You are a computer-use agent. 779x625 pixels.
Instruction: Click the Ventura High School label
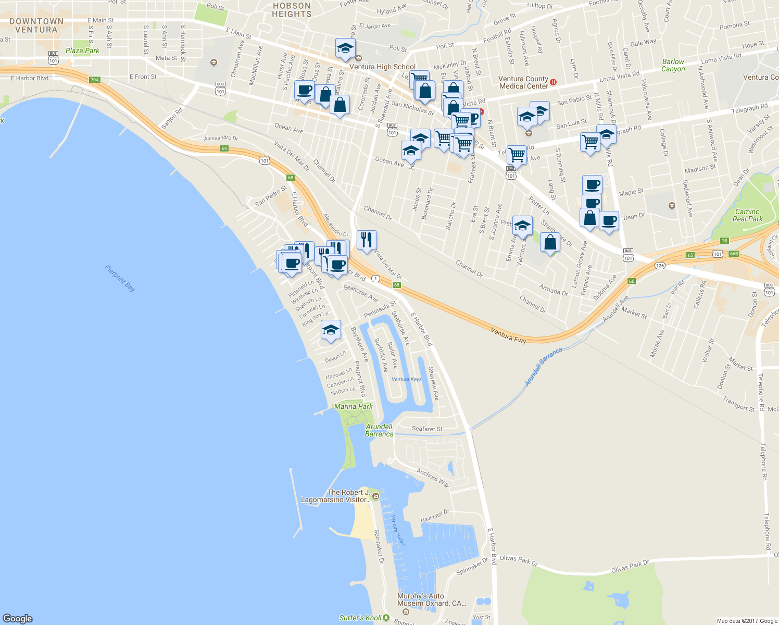click(x=382, y=67)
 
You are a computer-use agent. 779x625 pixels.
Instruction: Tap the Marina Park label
click(x=354, y=406)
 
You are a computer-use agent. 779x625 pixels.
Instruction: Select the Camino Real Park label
click(x=747, y=215)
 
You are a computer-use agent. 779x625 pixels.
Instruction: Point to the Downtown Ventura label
click(x=36, y=26)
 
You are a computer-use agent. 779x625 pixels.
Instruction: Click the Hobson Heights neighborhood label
click(x=292, y=10)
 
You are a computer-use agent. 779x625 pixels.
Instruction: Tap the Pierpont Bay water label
click(x=120, y=278)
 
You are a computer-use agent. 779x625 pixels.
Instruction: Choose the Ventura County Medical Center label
click(x=523, y=82)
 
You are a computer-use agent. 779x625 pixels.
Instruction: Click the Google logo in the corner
click(x=18, y=618)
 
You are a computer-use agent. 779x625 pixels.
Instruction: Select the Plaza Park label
click(x=82, y=51)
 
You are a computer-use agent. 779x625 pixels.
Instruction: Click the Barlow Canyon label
click(x=673, y=65)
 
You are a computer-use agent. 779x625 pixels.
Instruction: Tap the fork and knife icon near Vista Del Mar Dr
click(x=367, y=240)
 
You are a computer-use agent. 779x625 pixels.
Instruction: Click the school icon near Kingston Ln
click(x=330, y=330)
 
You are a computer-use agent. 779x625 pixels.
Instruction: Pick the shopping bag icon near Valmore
click(x=550, y=242)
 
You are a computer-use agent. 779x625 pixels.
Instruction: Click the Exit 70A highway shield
click(x=94, y=80)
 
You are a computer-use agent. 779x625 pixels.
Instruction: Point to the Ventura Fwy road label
click(x=508, y=336)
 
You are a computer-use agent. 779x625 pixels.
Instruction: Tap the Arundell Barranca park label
click(x=379, y=430)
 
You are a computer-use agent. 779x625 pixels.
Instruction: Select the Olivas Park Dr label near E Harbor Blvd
click(x=518, y=560)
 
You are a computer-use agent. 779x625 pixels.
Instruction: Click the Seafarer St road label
click(x=427, y=429)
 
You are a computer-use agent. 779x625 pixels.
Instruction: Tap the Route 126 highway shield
click(x=660, y=266)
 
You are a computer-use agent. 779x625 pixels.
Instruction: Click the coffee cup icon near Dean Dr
click(x=609, y=220)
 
